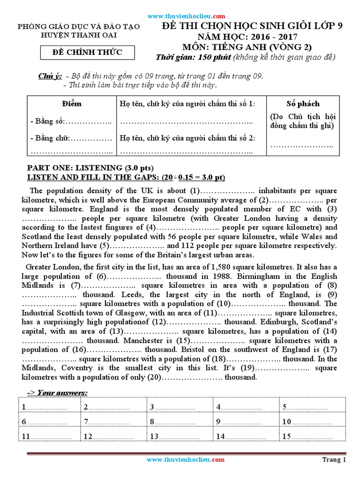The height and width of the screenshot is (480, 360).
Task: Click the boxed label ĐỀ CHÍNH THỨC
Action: [x=87, y=52]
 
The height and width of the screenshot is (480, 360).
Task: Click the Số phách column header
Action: [x=303, y=104]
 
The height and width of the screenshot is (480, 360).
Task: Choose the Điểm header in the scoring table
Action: [x=71, y=104]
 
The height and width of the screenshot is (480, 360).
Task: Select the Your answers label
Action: [x=59, y=392]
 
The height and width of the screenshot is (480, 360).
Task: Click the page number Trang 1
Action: [x=334, y=460]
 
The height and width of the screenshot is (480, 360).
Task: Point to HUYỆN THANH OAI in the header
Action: [x=79, y=35]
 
